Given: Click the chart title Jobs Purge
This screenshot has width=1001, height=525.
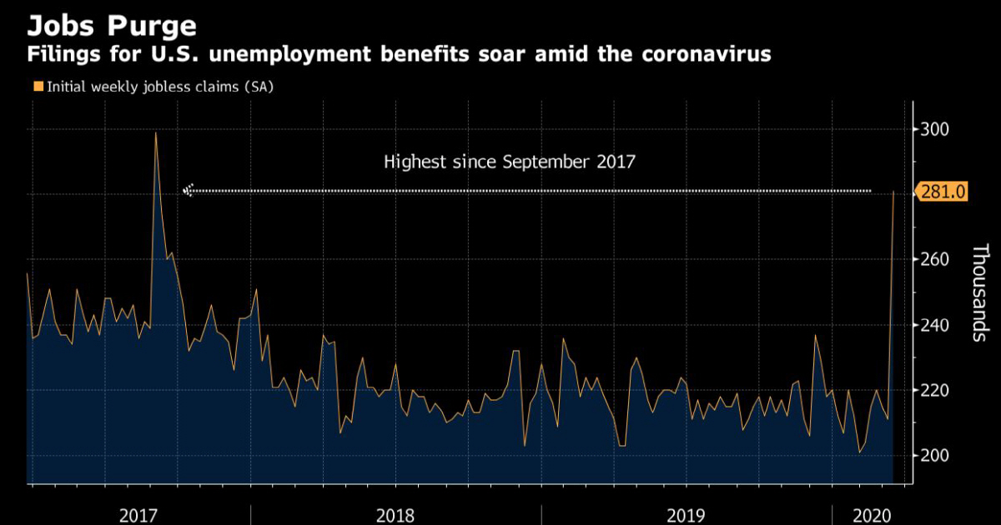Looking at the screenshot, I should click(x=112, y=25).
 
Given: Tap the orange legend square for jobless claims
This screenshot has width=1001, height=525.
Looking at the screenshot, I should click(x=38, y=85).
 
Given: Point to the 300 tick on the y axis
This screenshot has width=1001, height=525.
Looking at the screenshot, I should click(x=936, y=129).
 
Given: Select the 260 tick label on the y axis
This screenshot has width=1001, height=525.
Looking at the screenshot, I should click(x=936, y=259).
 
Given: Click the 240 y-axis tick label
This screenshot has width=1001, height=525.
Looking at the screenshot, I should click(x=936, y=325).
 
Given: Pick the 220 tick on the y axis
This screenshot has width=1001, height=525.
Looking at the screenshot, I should click(x=936, y=390).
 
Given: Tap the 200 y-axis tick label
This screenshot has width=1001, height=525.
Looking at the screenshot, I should click(x=936, y=455).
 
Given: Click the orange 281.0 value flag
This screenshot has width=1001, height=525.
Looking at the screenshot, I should click(x=943, y=192).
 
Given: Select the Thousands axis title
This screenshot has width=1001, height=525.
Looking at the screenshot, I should click(x=980, y=292).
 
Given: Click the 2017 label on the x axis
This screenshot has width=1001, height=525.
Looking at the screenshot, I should click(x=139, y=515).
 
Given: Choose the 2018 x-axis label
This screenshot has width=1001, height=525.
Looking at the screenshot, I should click(x=395, y=515).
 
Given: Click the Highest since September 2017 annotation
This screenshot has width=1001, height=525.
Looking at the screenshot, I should click(x=509, y=162).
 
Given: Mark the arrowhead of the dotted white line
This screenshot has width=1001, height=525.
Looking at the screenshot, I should click(x=188, y=191).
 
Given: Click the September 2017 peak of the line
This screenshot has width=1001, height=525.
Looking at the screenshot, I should click(x=156, y=133).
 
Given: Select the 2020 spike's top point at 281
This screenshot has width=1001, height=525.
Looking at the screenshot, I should click(x=893, y=192).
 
